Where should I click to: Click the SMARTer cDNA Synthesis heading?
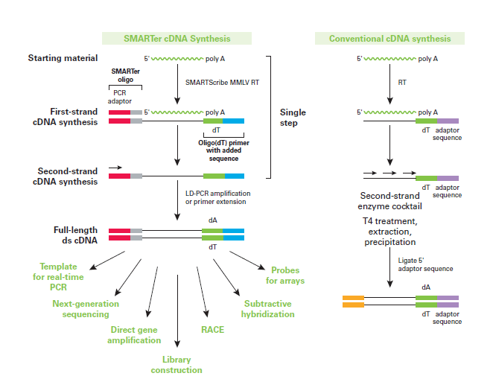176,39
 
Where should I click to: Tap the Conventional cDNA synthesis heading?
390,39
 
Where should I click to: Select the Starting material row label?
63,58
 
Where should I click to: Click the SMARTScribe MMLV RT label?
222,83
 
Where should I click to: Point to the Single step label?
293,118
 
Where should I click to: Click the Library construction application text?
176,365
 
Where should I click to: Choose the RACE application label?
212,330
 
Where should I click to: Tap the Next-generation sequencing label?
86,309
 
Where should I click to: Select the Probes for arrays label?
285,276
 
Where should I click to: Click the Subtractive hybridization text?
268,309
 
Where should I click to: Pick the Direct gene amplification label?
134,335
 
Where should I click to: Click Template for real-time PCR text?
58,277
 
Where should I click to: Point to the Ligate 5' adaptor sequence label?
425,264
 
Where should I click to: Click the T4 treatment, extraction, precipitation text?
390,232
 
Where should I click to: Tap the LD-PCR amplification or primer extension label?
218,197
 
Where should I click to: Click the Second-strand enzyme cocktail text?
390,201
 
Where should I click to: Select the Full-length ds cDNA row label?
75,235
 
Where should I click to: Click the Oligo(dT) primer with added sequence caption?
223,150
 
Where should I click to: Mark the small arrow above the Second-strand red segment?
115,168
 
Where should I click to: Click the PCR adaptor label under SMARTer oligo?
119,97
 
